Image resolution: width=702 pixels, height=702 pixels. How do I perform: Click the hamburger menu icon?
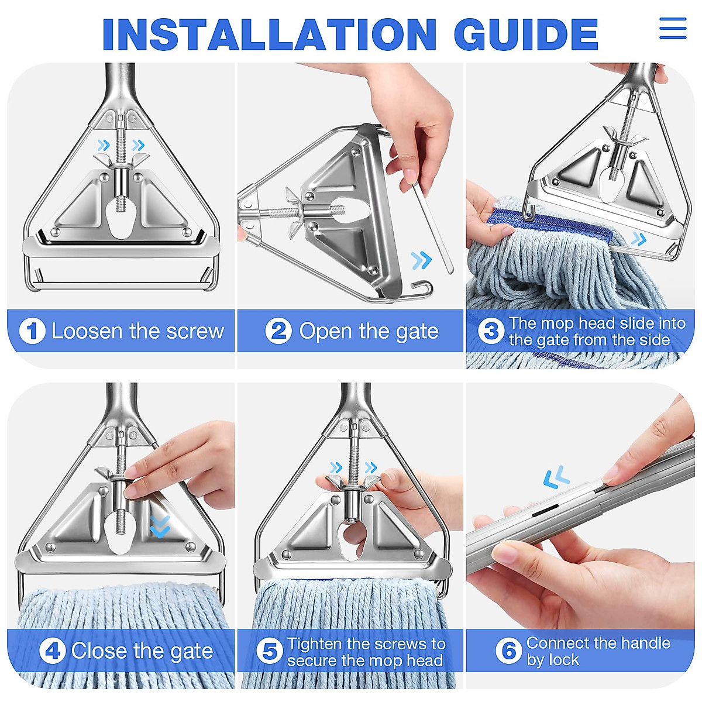click(x=673, y=28)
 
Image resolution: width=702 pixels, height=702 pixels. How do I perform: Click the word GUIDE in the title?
click(x=526, y=34)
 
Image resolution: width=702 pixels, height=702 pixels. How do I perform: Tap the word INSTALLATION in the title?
click(x=269, y=34)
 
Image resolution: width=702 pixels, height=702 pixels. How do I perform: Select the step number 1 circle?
click(x=32, y=331)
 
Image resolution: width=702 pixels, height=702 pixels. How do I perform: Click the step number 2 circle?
click(x=278, y=331)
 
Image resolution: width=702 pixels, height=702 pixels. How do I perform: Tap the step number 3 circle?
click(x=491, y=331)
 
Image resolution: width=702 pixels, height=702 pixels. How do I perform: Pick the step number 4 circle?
click(x=53, y=651)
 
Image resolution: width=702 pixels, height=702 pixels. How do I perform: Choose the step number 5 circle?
click(x=270, y=651)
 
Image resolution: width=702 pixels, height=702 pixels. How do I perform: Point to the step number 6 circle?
click(x=508, y=651)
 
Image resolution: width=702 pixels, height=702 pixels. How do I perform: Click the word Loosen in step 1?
click(x=87, y=331)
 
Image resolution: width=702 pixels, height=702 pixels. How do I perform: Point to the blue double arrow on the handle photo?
click(x=556, y=477)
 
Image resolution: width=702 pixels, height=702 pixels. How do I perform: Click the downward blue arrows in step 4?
click(x=160, y=526)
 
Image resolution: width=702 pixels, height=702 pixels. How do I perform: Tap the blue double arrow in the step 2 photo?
click(x=421, y=260)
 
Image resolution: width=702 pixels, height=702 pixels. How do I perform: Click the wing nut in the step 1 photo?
click(x=121, y=161)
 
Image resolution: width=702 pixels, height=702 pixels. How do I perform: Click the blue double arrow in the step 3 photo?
click(x=639, y=239)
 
